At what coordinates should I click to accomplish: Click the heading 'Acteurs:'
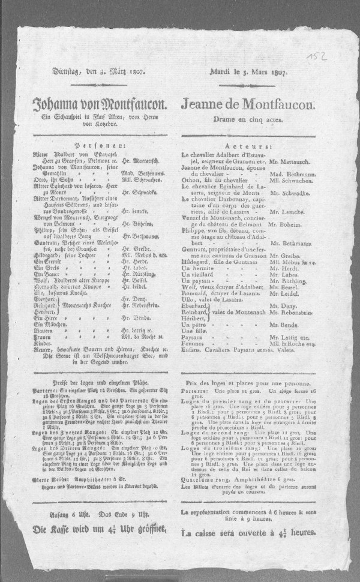click(248, 146)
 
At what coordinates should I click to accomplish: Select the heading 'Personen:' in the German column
click(96, 145)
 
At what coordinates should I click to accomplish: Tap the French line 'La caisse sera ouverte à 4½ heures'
click(248, 532)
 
